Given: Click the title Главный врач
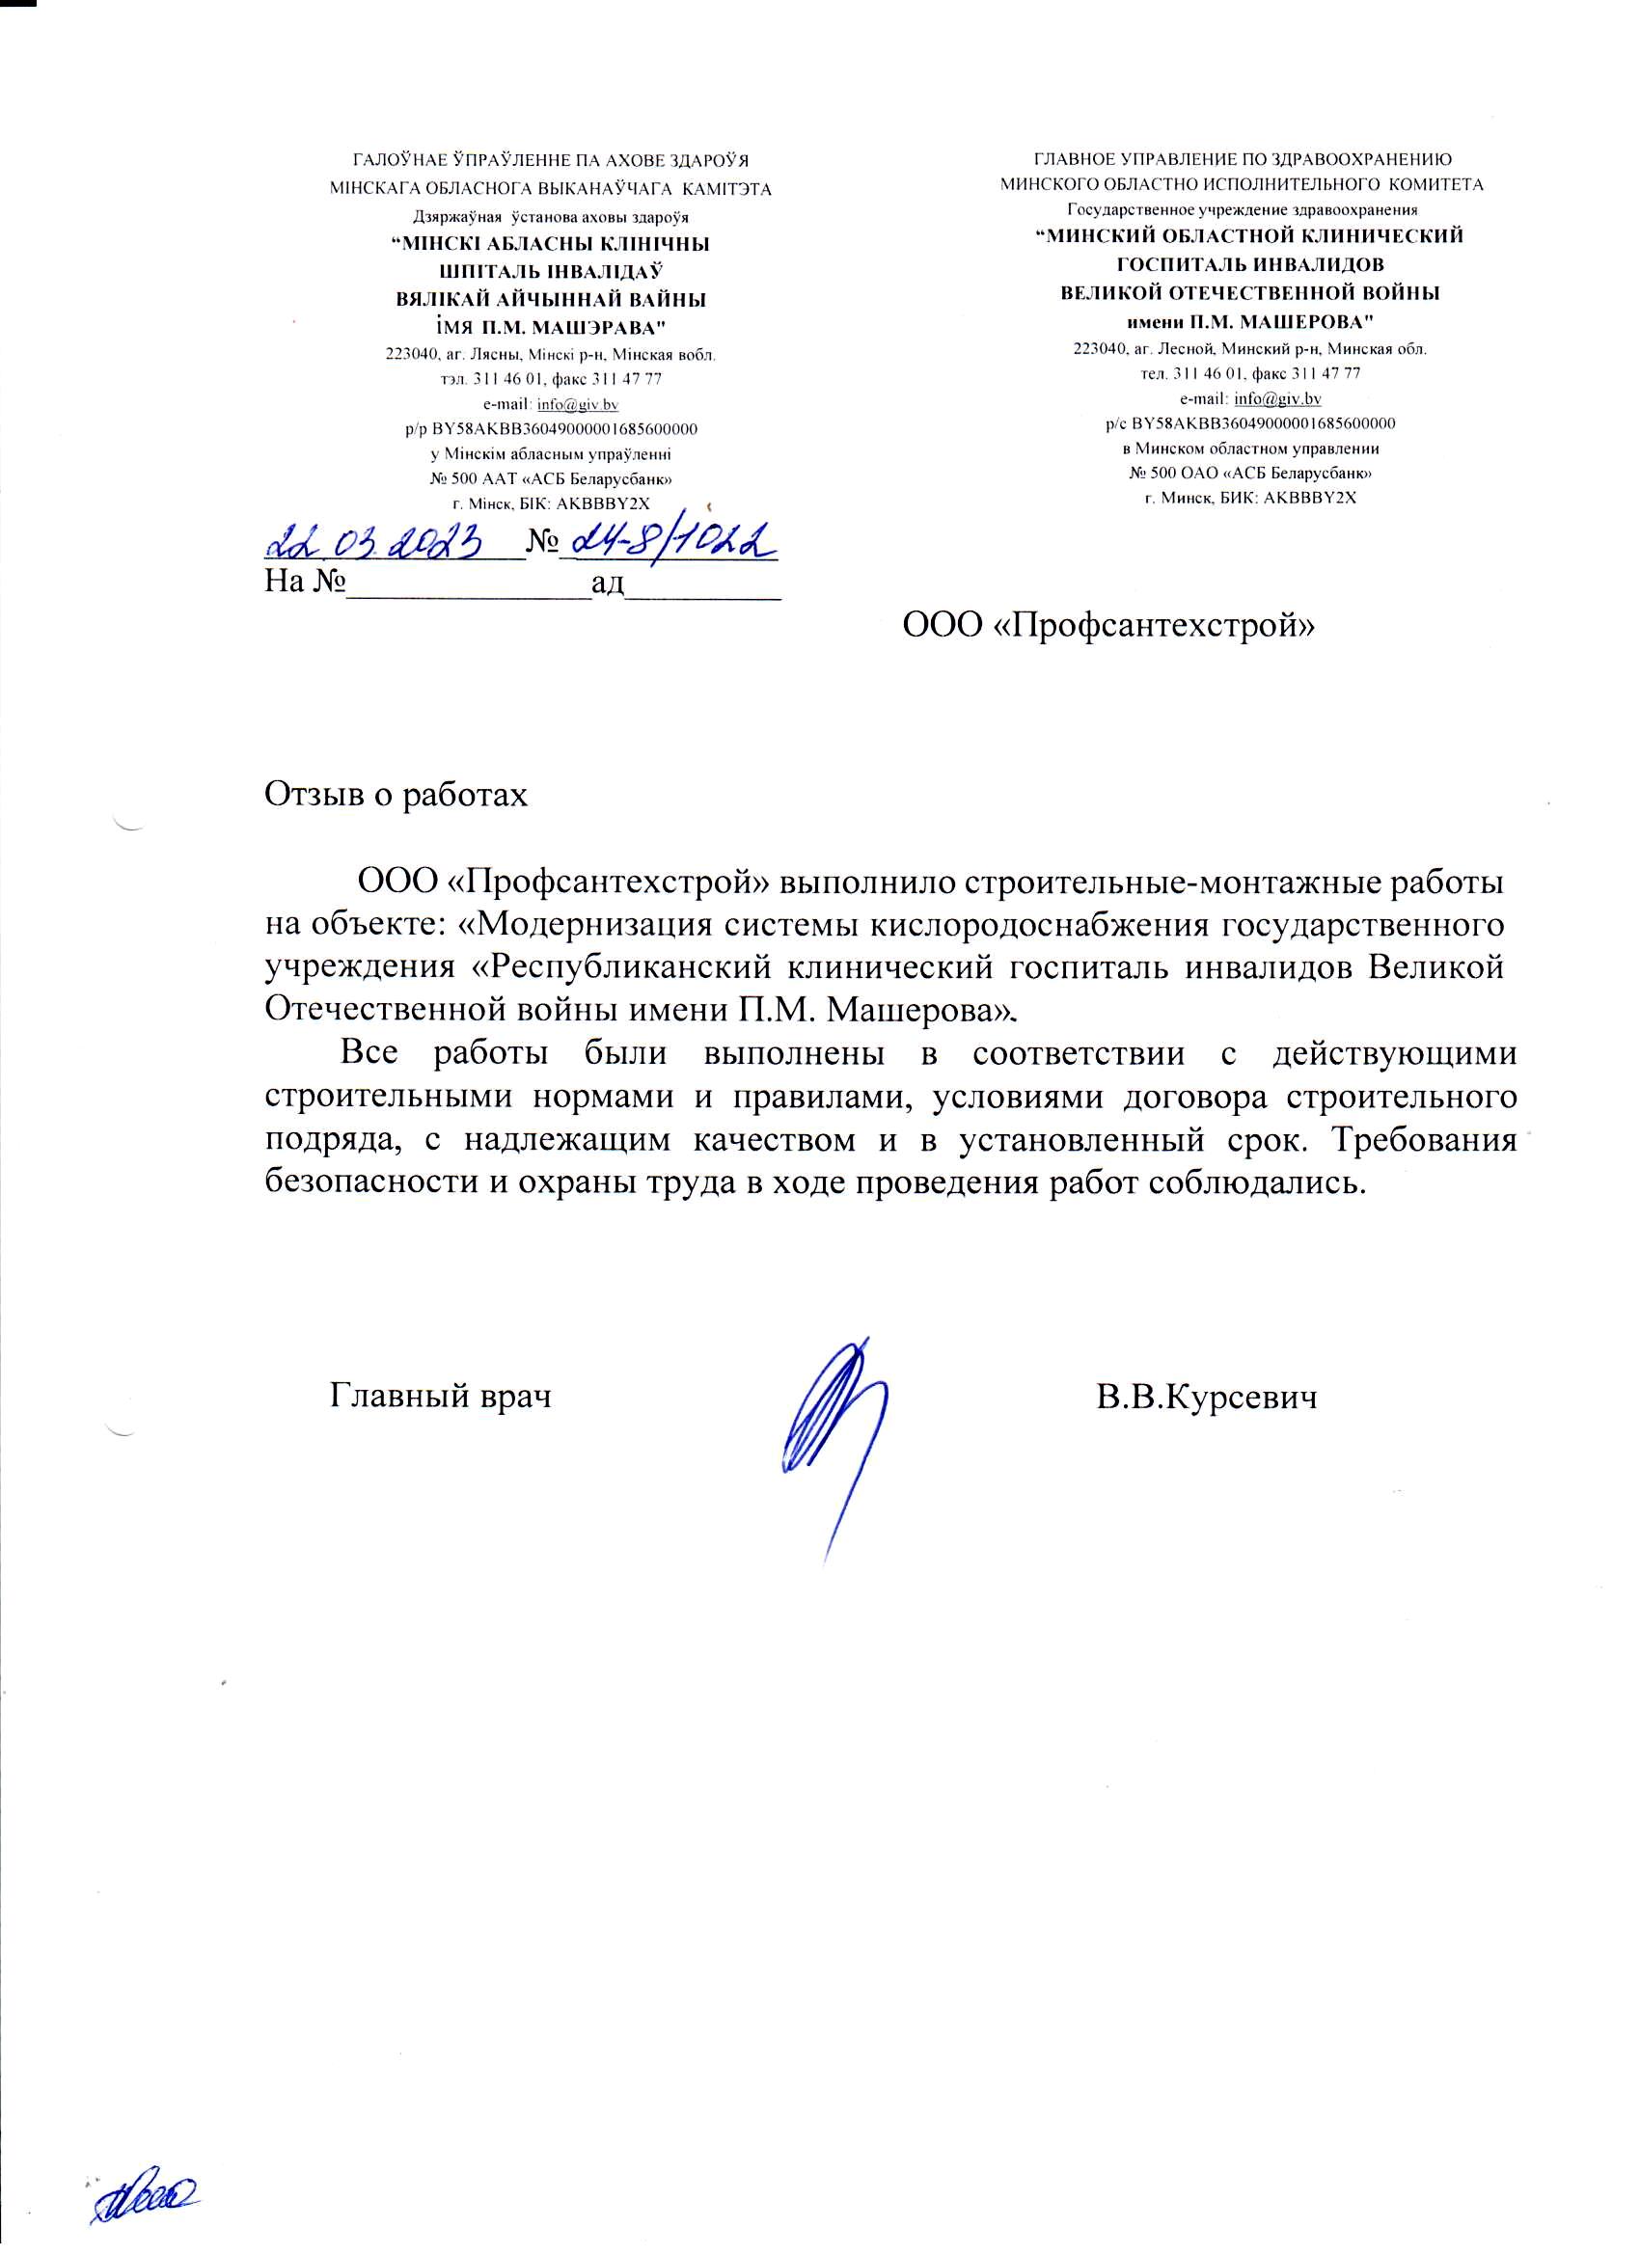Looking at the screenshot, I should [x=441, y=1396].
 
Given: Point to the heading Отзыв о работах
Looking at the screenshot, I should [x=396, y=796].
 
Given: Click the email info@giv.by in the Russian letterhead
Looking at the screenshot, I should [x=1277, y=398].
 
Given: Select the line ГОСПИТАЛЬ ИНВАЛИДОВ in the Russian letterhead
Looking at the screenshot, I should [x=1250, y=264].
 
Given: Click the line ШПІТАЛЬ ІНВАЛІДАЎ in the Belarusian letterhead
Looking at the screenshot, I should [x=551, y=271].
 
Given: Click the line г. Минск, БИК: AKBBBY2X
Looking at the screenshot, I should [x=1250, y=497].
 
